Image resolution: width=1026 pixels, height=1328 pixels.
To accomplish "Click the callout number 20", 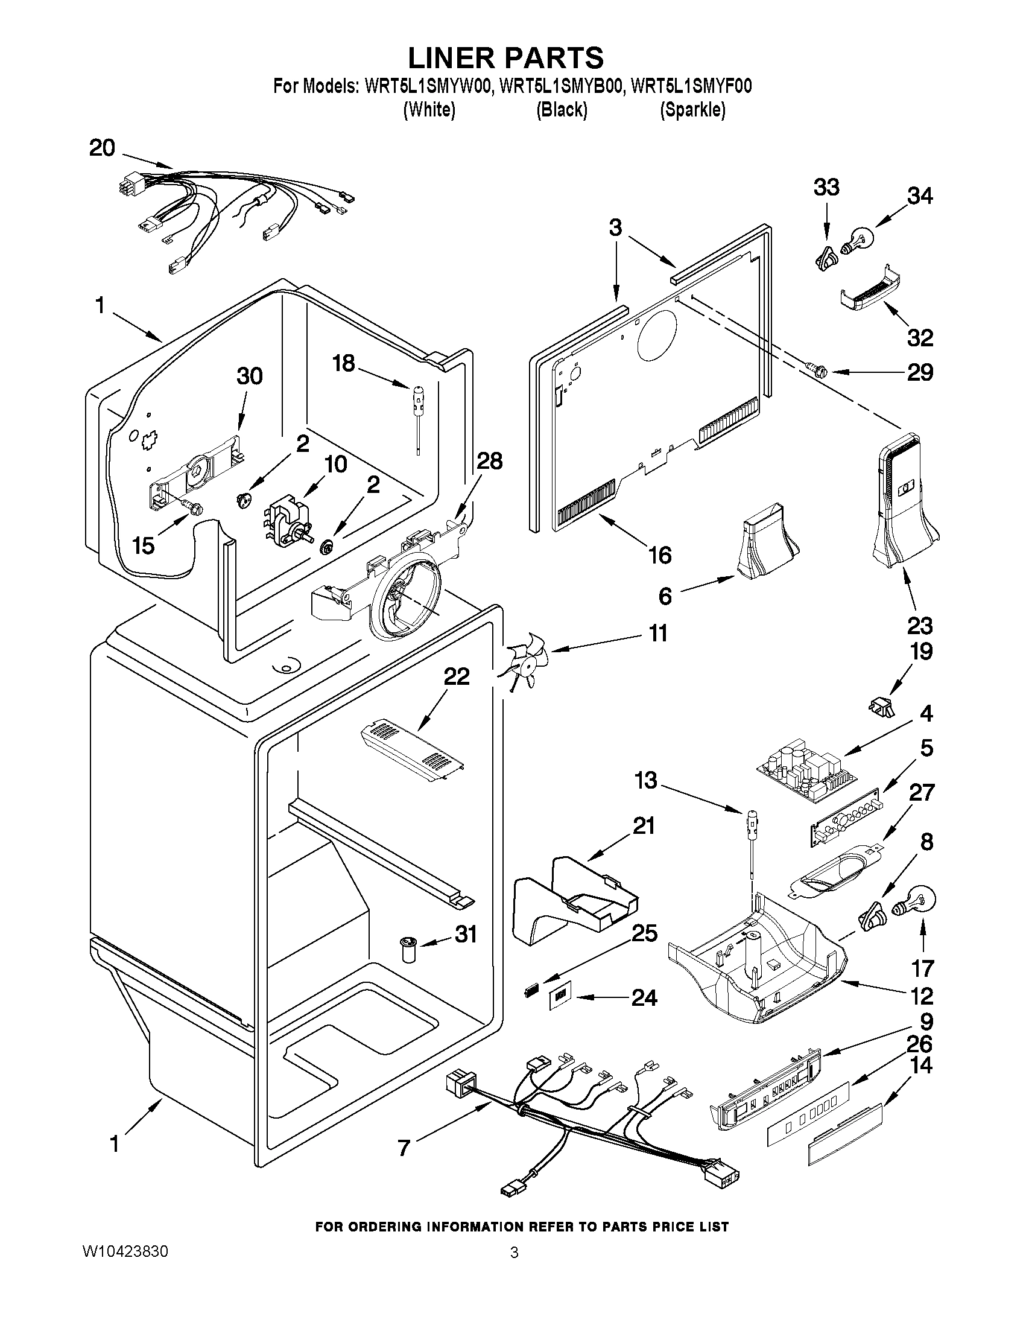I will (102, 148).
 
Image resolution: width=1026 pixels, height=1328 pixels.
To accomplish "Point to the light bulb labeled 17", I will (913, 905).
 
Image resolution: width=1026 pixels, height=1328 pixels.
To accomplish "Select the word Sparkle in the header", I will (692, 110).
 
